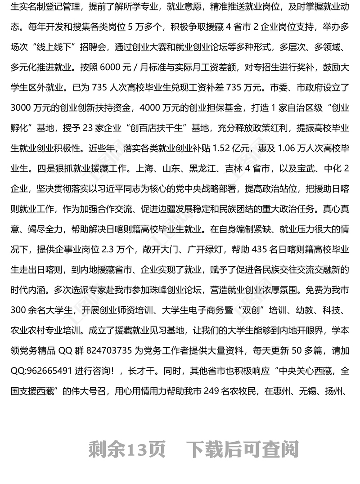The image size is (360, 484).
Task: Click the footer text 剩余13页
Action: pyautogui.click(x=127, y=448)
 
